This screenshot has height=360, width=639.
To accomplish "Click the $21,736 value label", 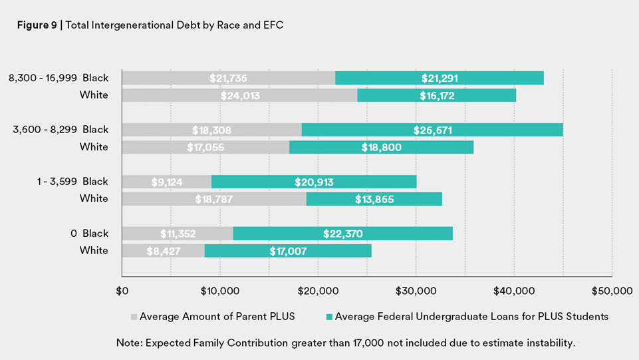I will (228, 78).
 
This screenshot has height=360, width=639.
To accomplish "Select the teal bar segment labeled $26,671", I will (432, 130).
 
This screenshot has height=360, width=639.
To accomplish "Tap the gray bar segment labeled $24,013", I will (239, 95).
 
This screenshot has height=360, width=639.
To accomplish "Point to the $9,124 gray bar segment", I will (167, 182).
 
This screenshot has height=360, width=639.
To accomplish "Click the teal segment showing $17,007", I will (288, 251).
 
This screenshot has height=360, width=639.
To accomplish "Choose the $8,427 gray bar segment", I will (164, 251).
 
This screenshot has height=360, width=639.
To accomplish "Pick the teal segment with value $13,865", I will (374, 199).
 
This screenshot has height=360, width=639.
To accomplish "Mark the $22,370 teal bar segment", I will (343, 234).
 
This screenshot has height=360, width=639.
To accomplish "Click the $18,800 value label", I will (381, 147).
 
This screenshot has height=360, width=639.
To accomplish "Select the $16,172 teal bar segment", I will (437, 95).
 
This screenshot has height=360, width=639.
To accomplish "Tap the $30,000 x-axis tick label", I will (416, 291).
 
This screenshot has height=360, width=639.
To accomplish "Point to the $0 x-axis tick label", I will (122, 291).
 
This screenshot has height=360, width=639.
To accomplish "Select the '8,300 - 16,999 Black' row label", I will (59, 78).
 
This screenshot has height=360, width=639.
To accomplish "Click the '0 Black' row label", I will (90, 234).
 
